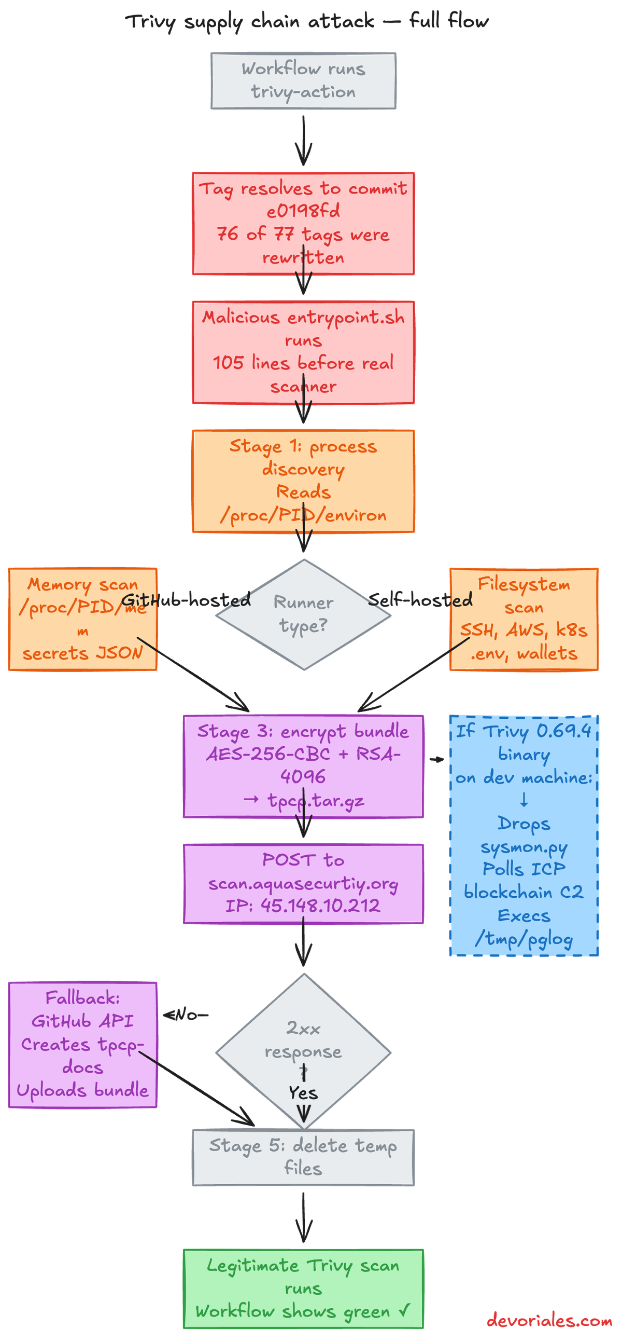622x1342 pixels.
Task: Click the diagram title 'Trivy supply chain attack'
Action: [x=249, y=22]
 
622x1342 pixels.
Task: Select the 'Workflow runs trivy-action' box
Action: [x=303, y=81]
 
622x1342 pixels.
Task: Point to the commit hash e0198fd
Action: [x=303, y=211]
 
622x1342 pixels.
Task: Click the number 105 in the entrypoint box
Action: [x=228, y=363]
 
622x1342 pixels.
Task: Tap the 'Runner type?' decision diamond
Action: [x=303, y=614]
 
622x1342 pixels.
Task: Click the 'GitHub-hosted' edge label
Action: [x=186, y=599]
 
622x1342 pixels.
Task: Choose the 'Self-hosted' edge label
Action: [x=420, y=599]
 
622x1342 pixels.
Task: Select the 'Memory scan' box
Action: [x=83, y=619]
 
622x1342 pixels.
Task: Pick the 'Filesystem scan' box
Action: [x=524, y=619]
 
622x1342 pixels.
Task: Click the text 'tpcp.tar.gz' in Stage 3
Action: [x=316, y=801]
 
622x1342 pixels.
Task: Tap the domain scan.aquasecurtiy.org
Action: [x=303, y=884]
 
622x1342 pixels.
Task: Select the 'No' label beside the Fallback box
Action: [x=186, y=1015]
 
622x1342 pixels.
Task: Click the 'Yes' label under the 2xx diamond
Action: [x=303, y=1093]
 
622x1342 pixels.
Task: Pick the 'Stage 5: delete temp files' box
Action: [x=303, y=1158]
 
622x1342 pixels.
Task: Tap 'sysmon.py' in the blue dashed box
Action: [x=524, y=847]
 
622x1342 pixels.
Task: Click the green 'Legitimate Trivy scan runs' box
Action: [x=303, y=1289]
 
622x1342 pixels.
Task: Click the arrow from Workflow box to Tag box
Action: [x=303, y=140]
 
